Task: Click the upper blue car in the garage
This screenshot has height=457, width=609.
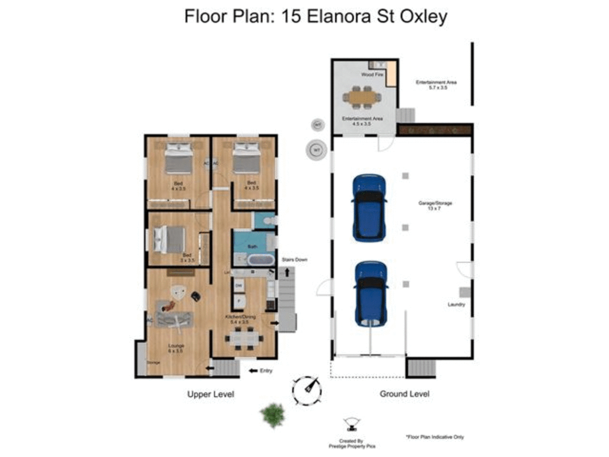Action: tap(369, 208)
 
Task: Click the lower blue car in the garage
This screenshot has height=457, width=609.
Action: tap(371, 294)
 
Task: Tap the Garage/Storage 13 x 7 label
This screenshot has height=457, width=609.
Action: tap(435, 206)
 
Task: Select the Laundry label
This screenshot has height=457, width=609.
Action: tap(456, 304)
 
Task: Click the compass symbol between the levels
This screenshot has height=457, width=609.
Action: tap(307, 390)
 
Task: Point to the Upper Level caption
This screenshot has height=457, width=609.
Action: tap(211, 394)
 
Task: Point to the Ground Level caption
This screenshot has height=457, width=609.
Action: tap(404, 394)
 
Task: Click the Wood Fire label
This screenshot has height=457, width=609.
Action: tap(372, 74)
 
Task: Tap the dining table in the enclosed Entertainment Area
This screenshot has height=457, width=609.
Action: tap(362, 97)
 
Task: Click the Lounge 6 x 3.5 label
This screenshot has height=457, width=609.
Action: tap(176, 348)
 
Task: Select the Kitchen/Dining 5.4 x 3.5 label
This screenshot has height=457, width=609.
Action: tap(240, 319)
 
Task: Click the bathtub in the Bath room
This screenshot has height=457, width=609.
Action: tap(260, 260)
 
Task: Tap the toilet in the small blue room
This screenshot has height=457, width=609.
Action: tap(269, 221)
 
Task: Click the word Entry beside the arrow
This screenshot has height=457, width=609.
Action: tap(266, 371)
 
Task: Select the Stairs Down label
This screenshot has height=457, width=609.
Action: tap(294, 259)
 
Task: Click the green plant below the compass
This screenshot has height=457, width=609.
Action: tap(272, 415)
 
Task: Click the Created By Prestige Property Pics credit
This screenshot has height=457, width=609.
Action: tap(351, 443)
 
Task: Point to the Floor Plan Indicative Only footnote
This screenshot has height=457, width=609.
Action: tap(435, 437)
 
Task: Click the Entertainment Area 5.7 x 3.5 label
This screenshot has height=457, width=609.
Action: tap(436, 85)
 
